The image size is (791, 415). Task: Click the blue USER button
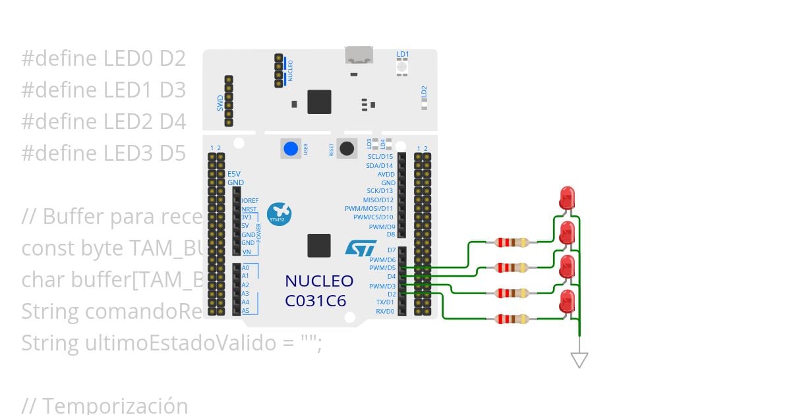pyautogui.click(x=291, y=149)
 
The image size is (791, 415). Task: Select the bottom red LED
pyautogui.click(x=566, y=302)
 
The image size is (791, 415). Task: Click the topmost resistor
pyautogui.click(x=512, y=242)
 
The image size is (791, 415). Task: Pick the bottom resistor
pyautogui.click(x=512, y=319)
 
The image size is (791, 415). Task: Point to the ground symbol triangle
pyautogui.click(x=579, y=360)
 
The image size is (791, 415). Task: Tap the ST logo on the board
pyautogui.click(x=361, y=248)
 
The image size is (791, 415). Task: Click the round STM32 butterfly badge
pyautogui.click(x=280, y=213)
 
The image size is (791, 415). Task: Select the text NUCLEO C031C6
pyautogui.click(x=319, y=290)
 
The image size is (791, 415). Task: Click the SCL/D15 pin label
pyautogui.click(x=380, y=157)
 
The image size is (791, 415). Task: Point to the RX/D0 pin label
pyautogui.click(x=385, y=311)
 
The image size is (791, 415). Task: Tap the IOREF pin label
pyautogui.click(x=250, y=200)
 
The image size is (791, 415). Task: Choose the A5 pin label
pyautogui.click(x=246, y=310)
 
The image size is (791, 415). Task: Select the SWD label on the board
pyautogui.click(x=221, y=103)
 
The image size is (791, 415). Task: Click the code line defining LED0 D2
pyautogui.click(x=103, y=59)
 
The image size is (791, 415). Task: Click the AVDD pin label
pyautogui.click(x=386, y=175)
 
